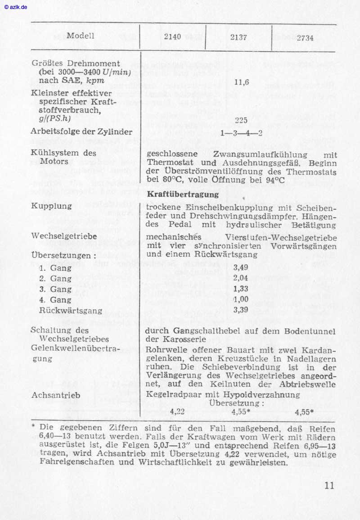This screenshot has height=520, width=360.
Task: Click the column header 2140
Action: (x=172, y=37)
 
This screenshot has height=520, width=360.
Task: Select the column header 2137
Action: (x=238, y=37)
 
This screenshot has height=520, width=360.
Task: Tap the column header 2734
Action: (x=305, y=38)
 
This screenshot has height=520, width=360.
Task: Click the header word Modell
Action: (x=81, y=36)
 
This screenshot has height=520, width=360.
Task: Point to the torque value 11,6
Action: (x=242, y=82)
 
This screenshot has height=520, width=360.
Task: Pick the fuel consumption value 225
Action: (x=242, y=120)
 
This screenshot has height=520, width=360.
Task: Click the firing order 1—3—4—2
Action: (x=242, y=133)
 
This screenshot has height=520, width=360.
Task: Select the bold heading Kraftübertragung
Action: (x=183, y=194)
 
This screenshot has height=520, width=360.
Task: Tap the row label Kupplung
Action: (x=52, y=206)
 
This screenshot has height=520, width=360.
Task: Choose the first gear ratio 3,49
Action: (x=241, y=267)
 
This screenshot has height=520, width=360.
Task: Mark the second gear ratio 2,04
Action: (x=241, y=278)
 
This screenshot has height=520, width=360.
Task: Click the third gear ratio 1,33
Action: (x=241, y=289)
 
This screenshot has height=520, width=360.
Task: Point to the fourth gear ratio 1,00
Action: (x=241, y=299)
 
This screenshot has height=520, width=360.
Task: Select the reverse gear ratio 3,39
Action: (x=241, y=310)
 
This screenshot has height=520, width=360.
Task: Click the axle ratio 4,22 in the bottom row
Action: (x=178, y=411)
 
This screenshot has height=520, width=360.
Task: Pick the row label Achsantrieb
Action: (x=56, y=395)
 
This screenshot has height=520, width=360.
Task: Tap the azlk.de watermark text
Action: (x=16, y=7)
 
